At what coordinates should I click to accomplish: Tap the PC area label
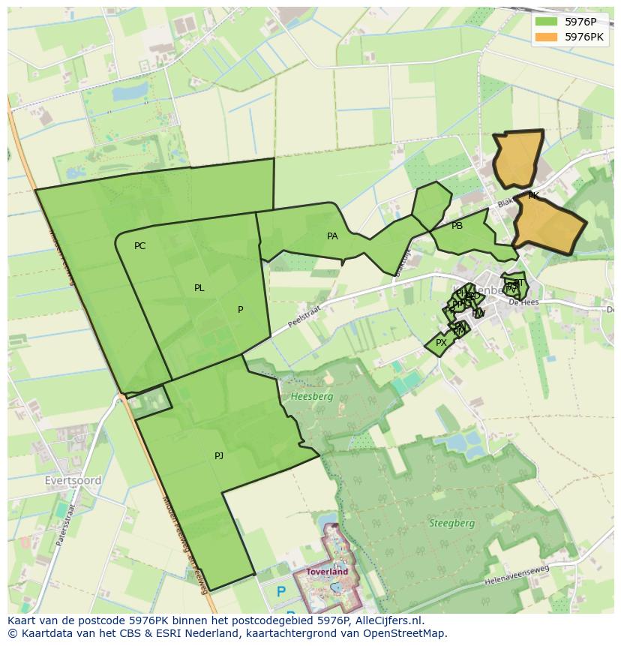[x=139, y=246]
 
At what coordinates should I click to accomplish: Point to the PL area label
[x=199, y=288]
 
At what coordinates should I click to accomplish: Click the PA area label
[x=332, y=236]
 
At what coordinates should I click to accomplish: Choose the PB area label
[x=457, y=226]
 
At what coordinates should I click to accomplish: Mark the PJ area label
[x=219, y=456]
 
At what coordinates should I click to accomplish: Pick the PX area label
[x=441, y=343]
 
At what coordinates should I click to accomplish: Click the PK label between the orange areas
[x=533, y=196]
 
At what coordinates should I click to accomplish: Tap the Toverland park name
[x=327, y=572]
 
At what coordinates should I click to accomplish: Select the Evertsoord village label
[x=73, y=481]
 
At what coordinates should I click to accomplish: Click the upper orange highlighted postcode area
[x=517, y=159]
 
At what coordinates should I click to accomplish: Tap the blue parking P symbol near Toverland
[x=281, y=592]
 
